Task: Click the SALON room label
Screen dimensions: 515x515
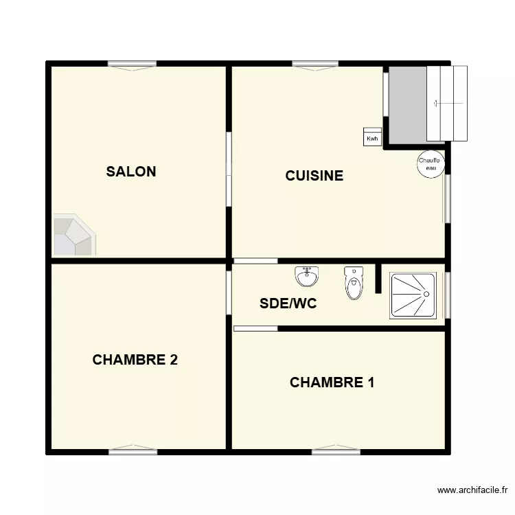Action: coord(131,172)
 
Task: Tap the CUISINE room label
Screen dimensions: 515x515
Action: coord(314,176)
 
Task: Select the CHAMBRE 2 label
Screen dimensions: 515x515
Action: coord(135,360)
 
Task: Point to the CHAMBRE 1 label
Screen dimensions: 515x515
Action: coord(332,382)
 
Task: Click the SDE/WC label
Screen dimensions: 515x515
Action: coord(288,304)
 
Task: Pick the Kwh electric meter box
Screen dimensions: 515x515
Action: coord(372,137)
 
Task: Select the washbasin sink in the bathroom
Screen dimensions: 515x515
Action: coord(306,277)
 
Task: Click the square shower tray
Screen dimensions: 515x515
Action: coord(413,295)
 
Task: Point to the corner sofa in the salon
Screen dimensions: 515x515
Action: coord(72,235)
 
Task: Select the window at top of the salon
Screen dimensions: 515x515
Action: coord(133,65)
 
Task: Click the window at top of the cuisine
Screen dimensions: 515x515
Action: coord(316,65)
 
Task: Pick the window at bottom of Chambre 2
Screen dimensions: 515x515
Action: coord(133,451)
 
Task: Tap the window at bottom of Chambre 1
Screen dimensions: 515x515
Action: coord(336,451)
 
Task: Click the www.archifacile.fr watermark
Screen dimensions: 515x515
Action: coord(472,490)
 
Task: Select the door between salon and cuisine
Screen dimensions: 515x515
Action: coord(229,169)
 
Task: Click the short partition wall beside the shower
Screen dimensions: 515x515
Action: coord(378,278)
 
